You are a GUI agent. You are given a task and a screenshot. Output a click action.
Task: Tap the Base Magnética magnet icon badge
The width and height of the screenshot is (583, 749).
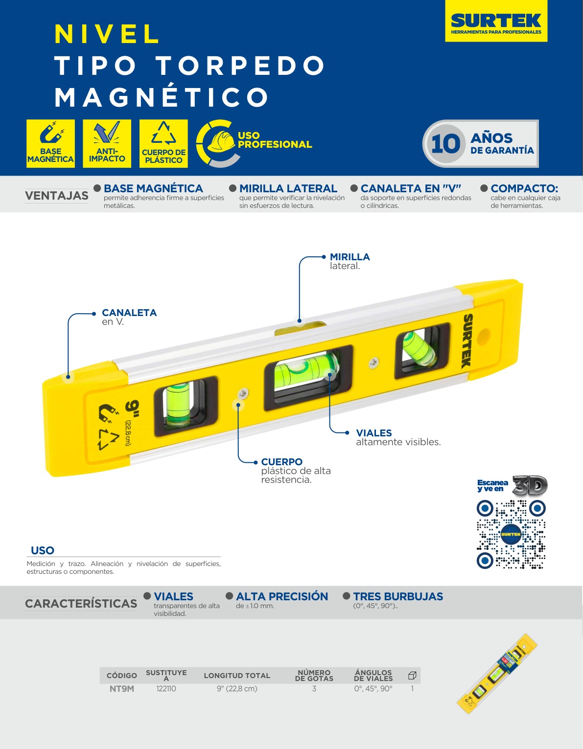pyautogui.click(x=51, y=143)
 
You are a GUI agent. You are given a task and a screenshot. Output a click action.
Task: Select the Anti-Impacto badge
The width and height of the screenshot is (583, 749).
pyautogui.click(x=107, y=143)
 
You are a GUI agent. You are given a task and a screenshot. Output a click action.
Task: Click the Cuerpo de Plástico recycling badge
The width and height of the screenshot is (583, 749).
pyautogui.click(x=163, y=143)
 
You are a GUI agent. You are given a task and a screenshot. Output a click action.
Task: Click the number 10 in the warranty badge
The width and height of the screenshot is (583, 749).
pyautogui.click(x=445, y=144)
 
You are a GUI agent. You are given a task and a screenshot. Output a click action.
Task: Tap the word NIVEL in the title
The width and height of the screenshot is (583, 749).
pyautogui.click(x=107, y=34)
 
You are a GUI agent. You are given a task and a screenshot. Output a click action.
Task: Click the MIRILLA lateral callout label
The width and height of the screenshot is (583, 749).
pyautogui.click(x=350, y=261)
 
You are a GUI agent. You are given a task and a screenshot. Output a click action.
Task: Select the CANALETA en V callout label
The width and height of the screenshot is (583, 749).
pyautogui.click(x=129, y=317)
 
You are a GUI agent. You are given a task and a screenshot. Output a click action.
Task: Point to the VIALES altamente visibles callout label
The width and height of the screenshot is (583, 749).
pyautogui.click(x=398, y=437)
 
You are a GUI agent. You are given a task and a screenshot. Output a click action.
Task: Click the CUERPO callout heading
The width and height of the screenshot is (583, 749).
pyautogui.click(x=281, y=462)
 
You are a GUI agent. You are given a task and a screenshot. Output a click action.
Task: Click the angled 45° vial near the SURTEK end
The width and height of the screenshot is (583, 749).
pyautogui.click(x=419, y=348)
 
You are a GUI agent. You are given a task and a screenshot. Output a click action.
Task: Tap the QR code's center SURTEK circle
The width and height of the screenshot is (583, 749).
pyautogui.click(x=511, y=534)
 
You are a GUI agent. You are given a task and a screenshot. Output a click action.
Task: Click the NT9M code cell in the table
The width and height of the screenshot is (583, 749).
pyautogui.click(x=122, y=689)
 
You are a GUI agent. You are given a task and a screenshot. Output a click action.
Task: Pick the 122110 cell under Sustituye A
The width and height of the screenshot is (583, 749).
pyautogui.click(x=166, y=689)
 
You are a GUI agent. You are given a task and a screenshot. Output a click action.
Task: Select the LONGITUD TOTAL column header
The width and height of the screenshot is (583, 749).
pyautogui.click(x=237, y=676)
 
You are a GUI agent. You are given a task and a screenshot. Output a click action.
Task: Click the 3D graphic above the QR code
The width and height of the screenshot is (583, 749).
pyautogui.click(x=530, y=485)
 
